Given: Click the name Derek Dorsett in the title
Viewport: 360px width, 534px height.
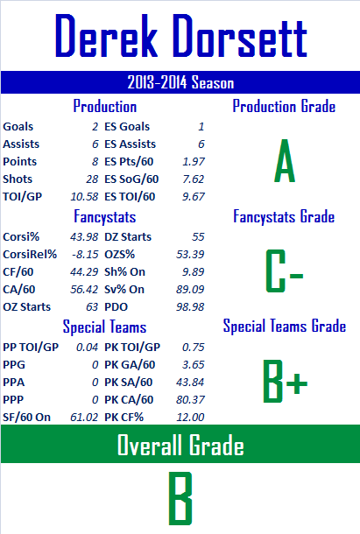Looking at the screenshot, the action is click(x=181, y=36).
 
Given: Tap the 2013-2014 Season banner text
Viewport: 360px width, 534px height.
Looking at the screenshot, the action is click(x=180, y=82).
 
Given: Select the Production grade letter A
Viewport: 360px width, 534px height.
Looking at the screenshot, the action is click(x=285, y=161).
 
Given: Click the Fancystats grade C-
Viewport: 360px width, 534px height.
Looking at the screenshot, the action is click(x=285, y=271).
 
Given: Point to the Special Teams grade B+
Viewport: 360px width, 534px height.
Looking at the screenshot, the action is click(x=286, y=382).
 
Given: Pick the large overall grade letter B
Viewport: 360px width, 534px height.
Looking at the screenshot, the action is click(x=180, y=498).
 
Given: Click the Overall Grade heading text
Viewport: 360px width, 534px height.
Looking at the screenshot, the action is click(x=180, y=445).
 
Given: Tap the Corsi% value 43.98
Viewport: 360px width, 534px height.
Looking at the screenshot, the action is click(x=84, y=236).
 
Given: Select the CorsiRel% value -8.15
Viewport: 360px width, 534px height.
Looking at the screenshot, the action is click(x=85, y=255).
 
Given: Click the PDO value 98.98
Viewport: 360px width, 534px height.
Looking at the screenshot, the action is click(x=190, y=307).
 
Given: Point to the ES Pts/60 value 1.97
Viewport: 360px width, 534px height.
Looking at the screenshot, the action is click(x=194, y=162).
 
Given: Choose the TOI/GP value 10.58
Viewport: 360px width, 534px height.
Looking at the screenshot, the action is click(x=84, y=196).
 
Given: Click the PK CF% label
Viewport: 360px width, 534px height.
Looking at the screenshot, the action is click(x=124, y=418).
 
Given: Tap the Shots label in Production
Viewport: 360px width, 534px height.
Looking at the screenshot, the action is click(x=18, y=179).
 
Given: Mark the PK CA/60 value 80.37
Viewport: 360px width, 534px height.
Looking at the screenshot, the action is click(x=190, y=399).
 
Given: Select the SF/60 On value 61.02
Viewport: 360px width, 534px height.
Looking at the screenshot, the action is click(x=84, y=418).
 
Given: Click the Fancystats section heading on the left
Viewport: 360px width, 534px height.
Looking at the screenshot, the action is click(x=104, y=217).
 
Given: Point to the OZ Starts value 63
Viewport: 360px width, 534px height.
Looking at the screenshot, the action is click(x=92, y=307).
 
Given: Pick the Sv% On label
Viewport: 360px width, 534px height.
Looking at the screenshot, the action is click(x=124, y=290).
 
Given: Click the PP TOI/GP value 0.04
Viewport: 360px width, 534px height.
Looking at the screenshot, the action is click(x=87, y=347).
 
